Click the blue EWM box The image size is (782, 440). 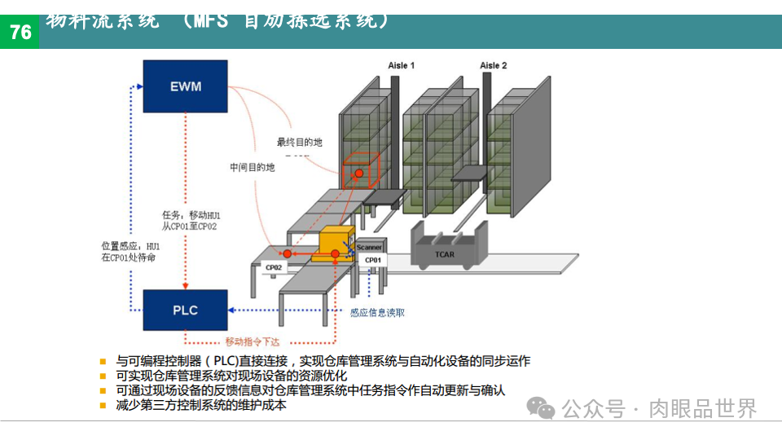[186, 86]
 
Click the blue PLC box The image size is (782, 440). [186, 310]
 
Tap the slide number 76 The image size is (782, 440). [20, 33]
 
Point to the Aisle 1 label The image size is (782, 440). [401, 65]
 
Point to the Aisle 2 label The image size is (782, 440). [493, 65]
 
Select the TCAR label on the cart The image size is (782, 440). [444, 254]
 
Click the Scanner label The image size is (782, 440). [370, 247]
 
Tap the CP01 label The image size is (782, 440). [372, 261]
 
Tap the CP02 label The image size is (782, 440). [273, 267]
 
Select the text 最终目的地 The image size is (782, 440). [300, 142]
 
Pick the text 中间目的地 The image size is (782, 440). [253, 167]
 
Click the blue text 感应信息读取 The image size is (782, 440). [377, 312]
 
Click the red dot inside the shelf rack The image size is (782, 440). [358, 174]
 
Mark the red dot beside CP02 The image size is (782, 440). [287, 254]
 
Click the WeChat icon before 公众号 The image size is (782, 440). [540, 408]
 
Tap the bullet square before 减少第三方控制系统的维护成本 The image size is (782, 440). [103, 405]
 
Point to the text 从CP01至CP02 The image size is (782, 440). [189, 227]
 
